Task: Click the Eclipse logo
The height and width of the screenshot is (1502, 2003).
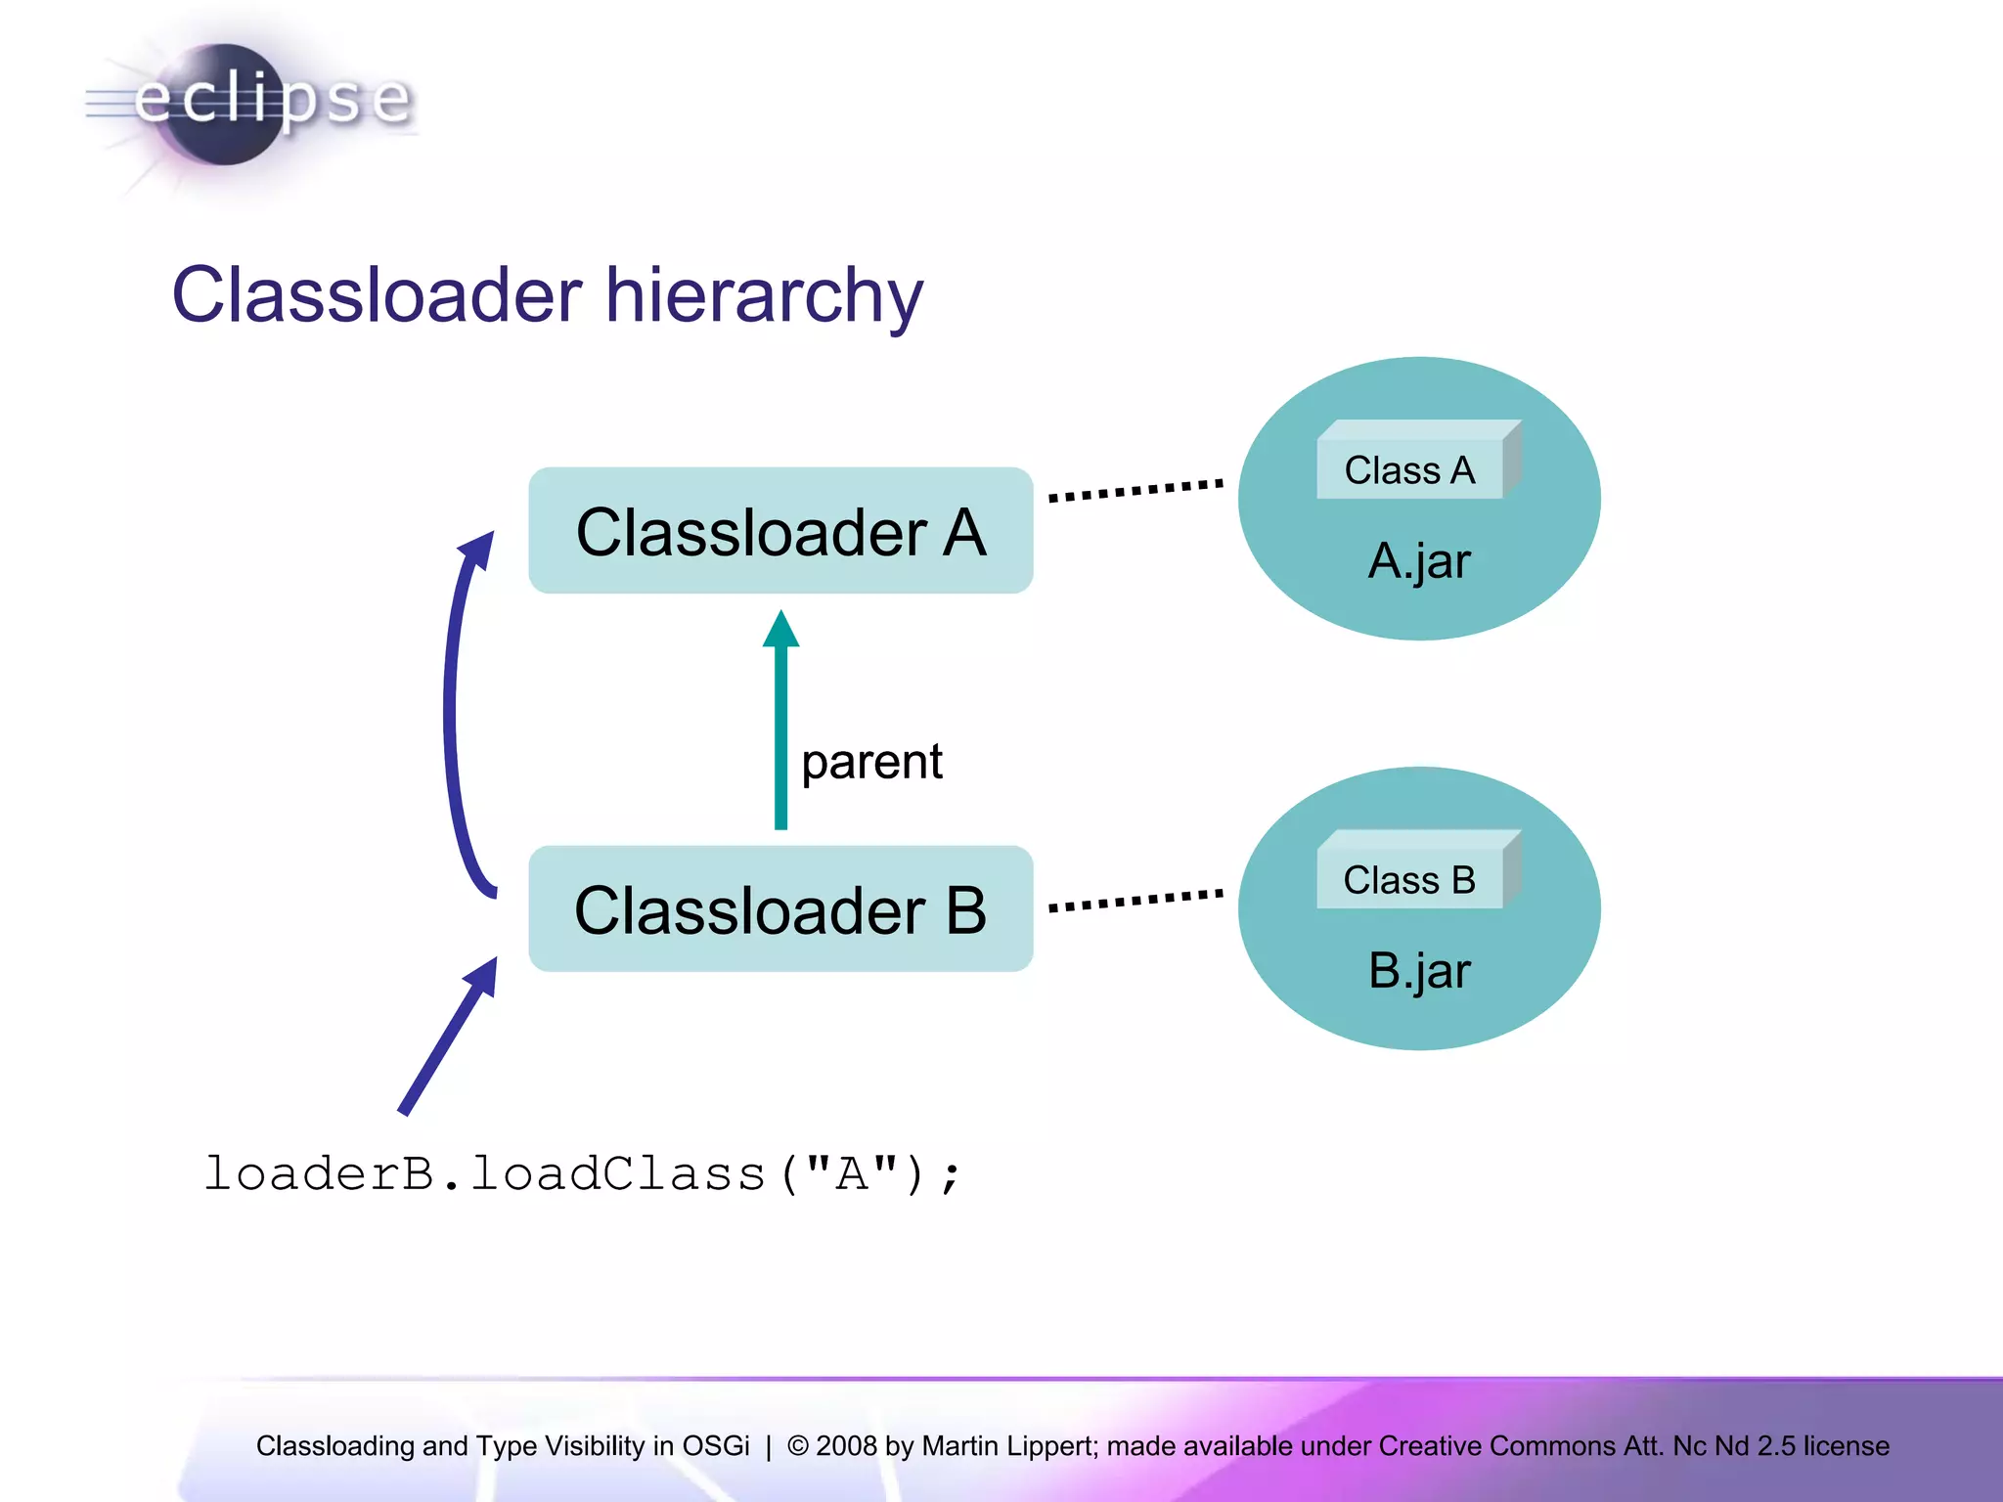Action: pos(249,103)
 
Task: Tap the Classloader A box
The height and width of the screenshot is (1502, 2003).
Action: pos(780,531)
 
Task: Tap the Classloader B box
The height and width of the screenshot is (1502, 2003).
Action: pos(780,909)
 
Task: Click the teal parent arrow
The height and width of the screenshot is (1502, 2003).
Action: pos(780,724)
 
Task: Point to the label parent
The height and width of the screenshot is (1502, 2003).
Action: pos(871,762)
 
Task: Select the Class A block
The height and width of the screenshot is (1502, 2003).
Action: pos(1409,469)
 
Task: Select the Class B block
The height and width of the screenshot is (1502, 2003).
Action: pos(1409,879)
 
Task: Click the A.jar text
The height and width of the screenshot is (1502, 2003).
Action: pos(1418,561)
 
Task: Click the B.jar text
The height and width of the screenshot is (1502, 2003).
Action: pos(1418,971)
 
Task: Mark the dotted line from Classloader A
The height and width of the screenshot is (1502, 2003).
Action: pos(1135,490)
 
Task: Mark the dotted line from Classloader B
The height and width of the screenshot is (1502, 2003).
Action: pos(1135,900)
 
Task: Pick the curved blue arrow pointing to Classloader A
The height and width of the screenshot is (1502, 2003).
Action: pos(452,714)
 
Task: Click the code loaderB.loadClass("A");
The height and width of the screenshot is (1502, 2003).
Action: pos(583,1173)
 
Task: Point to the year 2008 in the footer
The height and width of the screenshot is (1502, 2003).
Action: pos(846,1445)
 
